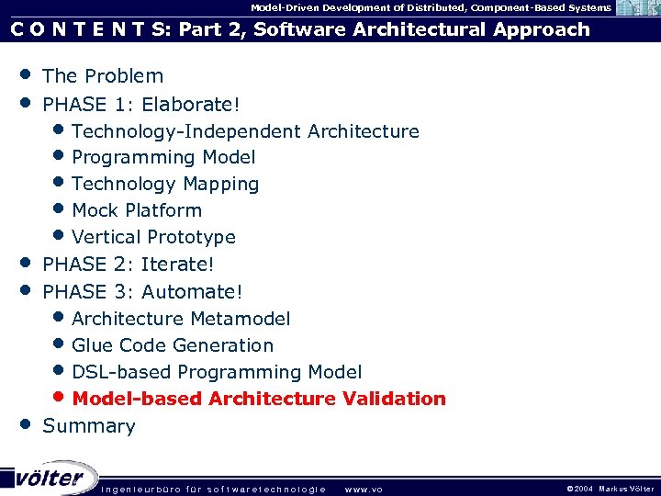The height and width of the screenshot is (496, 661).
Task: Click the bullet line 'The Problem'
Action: click(x=103, y=76)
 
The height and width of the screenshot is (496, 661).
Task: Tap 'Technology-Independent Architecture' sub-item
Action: click(x=245, y=131)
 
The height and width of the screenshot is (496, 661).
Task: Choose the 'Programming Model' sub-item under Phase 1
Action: click(x=163, y=158)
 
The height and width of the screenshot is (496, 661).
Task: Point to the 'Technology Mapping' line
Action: click(x=165, y=185)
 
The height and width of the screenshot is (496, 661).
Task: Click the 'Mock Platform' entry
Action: click(x=137, y=210)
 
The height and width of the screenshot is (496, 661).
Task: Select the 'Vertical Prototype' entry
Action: click(x=153, y=237)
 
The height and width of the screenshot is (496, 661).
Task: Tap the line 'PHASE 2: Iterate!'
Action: click(x=129, y=265)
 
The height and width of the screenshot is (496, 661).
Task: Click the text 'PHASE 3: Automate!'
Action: click(x=142, y=292)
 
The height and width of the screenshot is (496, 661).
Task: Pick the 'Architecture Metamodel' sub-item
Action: click(x=181, y=319)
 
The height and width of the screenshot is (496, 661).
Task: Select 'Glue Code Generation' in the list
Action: click(x=173, y=345)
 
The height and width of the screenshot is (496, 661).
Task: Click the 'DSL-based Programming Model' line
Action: click(x=217, y=372)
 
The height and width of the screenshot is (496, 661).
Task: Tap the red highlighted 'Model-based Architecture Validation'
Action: click(x=259, y=399)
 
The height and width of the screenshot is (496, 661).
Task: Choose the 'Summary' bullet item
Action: click(x=89, y=426)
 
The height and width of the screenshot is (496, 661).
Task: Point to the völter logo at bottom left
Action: click(x=48, y=477)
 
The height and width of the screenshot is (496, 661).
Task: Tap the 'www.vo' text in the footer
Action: click(x=363, y=489)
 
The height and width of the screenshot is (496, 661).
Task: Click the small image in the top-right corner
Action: click(x=635, y=8)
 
